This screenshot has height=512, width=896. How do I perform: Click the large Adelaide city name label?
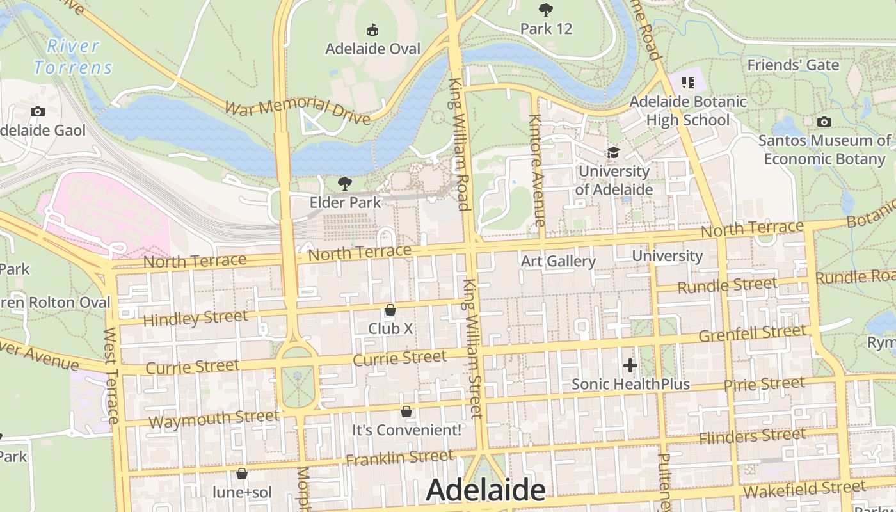[x=485, y=490]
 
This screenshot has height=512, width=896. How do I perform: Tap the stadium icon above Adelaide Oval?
[x=372, y=29]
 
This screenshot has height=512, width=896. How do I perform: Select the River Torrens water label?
[x=73, y=56]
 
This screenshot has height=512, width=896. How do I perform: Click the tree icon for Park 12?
[x=545, y=10]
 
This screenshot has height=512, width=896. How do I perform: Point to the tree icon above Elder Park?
[x=345, y=184]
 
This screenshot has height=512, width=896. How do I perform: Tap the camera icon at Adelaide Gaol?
[x=38, y=111]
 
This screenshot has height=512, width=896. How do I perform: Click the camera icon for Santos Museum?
[x=824, y=122]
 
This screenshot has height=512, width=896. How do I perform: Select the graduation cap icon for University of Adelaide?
[x=613, y=152]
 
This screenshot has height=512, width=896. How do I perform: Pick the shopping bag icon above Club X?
[x=390, y=310]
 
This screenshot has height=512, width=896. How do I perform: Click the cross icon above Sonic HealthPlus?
[x=630, y=365]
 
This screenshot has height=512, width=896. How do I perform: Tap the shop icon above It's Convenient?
[x=406, y=411]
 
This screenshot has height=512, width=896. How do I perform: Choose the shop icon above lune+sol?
[x=242, y=474]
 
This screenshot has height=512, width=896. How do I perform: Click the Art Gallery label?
[x=558, y=261]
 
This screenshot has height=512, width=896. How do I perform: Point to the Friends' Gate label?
[x=793, y=65]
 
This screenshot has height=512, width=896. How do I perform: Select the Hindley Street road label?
[x=195, y=318]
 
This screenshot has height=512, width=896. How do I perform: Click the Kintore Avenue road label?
[x=536, y=170]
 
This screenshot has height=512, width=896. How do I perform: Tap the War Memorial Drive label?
[x=297, y=111]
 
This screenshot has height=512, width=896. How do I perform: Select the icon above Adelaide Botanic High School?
[x=688, y=82]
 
